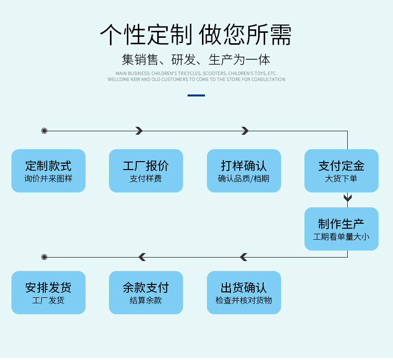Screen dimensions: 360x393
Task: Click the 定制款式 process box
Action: click(48, 171)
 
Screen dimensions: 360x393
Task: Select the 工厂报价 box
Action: click(146, 171)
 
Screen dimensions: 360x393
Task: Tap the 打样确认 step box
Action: click(244, 171)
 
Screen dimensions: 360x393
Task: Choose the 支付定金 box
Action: click(341, 171)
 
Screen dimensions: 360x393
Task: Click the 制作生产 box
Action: click(341, 229)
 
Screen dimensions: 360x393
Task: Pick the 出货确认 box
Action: click(244, 292)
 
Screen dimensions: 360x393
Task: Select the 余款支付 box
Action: click(146, 292)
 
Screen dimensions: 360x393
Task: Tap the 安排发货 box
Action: click(48, 292)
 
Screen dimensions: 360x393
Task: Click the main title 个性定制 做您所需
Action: click(196, 35)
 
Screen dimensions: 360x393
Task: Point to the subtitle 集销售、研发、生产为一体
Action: click(196, 60)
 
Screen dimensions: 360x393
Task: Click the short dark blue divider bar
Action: click(196, 95)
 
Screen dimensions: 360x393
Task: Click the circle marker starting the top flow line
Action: click(44, 131)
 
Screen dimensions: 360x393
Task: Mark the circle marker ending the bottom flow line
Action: click(44, 257)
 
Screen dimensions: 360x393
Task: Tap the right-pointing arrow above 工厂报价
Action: click(139, 131)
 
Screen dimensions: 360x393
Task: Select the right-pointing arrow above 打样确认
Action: click(245, 131)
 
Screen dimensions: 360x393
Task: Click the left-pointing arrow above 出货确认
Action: click(243, 257)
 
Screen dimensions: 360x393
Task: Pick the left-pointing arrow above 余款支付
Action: click(142, 257)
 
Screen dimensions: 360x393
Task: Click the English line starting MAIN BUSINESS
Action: click(196, 73)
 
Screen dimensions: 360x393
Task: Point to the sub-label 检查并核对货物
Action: click(244, 300)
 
